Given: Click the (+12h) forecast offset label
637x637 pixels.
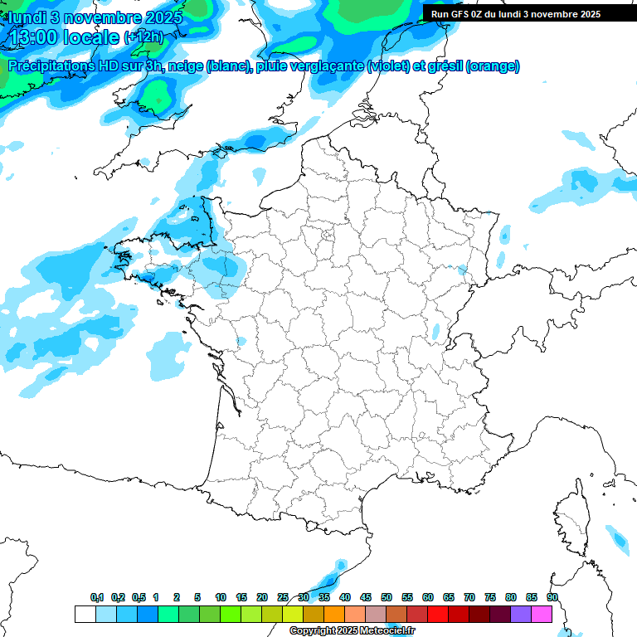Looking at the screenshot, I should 143,37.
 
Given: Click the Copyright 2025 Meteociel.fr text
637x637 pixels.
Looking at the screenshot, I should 352,631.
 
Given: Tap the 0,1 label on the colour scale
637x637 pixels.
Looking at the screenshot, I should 97,598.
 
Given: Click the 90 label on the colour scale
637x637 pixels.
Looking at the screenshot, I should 552,598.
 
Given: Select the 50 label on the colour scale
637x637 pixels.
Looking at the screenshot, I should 387,598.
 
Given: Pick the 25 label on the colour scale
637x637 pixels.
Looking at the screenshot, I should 283,598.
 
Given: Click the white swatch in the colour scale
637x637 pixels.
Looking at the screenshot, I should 85,614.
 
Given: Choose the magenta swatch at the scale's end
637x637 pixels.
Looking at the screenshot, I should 542,614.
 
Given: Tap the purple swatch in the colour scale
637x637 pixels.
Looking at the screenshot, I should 521,614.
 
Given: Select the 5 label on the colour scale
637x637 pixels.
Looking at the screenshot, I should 197,598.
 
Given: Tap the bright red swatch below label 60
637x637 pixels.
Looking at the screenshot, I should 438,614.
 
